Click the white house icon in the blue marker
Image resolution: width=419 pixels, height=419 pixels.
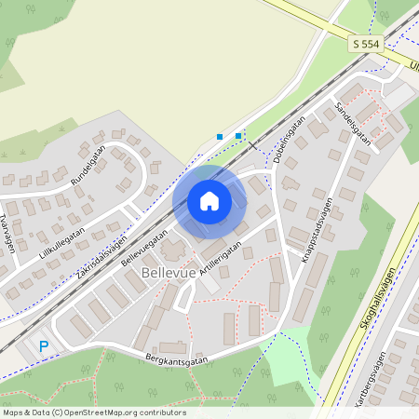[209, 200]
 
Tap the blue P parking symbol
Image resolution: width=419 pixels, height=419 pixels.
[43, 346]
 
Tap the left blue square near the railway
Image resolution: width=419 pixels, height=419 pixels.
[220, 137]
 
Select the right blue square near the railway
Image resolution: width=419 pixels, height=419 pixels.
[238, 136]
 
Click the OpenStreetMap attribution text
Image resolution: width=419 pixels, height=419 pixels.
[93, 412]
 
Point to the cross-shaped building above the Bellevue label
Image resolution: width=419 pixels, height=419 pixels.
[173, 250]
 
